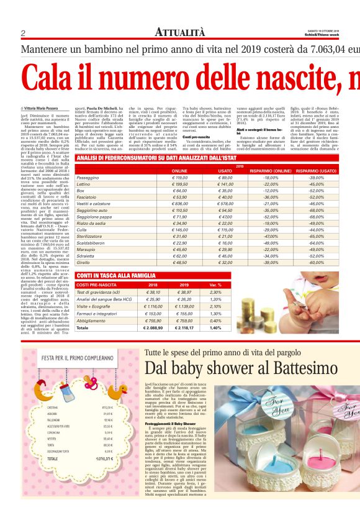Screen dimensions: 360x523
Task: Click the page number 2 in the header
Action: coord(22,33)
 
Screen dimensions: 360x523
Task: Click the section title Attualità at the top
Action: coord(179,32)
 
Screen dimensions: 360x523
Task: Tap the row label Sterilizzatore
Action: coord(89,236)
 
